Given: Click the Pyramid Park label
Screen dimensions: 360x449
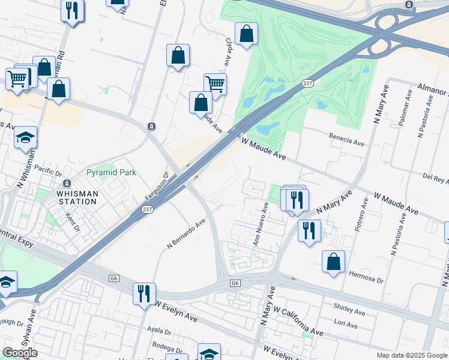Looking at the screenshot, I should point(111,172).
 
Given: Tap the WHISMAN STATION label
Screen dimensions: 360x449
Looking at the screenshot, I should point(77,197).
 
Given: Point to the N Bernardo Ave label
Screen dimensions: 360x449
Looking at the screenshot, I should point(186,233).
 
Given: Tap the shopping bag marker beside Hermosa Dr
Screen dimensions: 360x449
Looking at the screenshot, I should point(333,262).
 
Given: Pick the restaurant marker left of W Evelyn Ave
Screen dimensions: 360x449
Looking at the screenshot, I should point(144,293).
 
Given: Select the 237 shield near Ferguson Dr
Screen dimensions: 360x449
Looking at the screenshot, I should point(147,209).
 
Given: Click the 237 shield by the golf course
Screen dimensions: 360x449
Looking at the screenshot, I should point(307,83).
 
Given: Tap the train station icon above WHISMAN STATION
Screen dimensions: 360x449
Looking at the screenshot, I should point(66,183).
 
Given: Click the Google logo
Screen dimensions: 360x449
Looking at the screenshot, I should point(20,353).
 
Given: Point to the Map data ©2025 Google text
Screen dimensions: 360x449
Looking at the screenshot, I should point(411,355).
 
